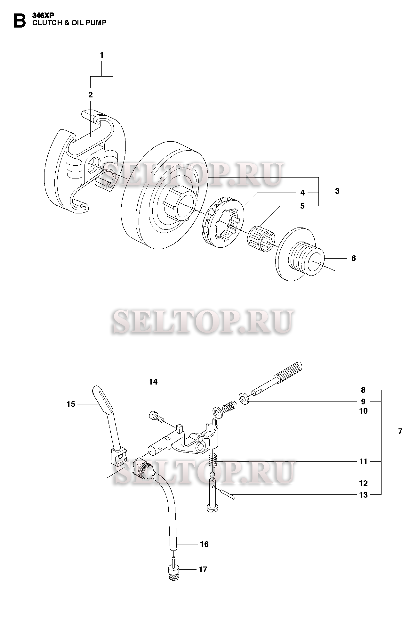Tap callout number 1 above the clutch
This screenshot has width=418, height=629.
tap(102, 55)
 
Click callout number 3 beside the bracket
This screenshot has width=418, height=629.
tap(337, 191)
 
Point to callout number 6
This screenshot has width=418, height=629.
tap(353, 258)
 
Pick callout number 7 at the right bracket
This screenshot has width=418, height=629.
tap(400, 431)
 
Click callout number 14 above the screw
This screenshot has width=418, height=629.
tap(153, 382)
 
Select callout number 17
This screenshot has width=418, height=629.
tap(203, 569)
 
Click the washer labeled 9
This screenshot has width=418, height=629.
tap(245, 399)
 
